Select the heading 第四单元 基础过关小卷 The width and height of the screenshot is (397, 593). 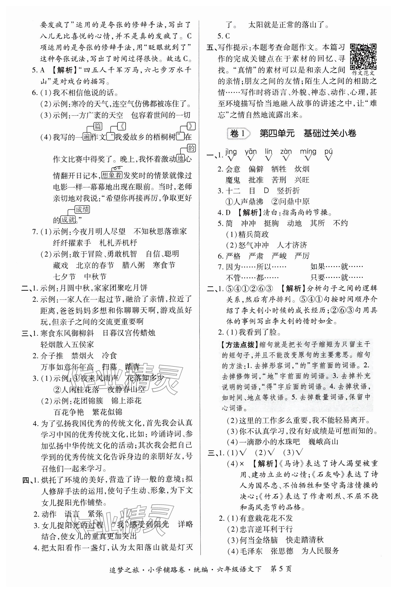(x=308, y=133)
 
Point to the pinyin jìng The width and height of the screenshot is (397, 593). (x=231, y=152)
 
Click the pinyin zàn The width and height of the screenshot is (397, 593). (x=286, y=152)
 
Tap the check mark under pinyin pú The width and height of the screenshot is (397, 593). (x=328, y=159)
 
